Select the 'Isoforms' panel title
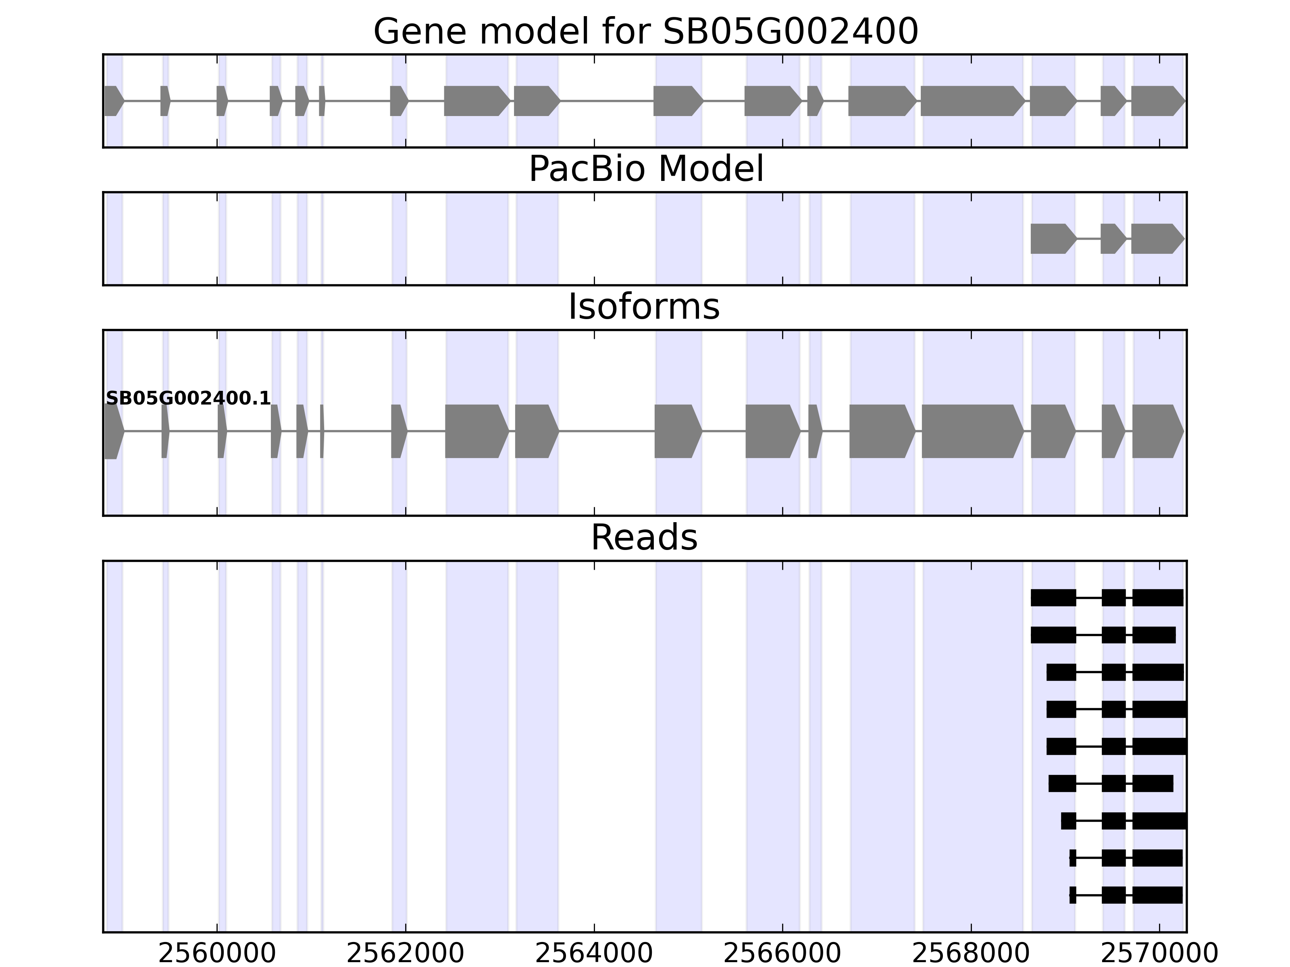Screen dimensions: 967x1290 tap(644, 307)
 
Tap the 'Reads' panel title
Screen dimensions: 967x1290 tap(644, 537)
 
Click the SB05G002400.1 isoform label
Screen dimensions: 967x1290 tap(188, 398)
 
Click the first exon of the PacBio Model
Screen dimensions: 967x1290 tap(1052, 239)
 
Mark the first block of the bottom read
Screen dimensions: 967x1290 tap(1072, 895)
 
